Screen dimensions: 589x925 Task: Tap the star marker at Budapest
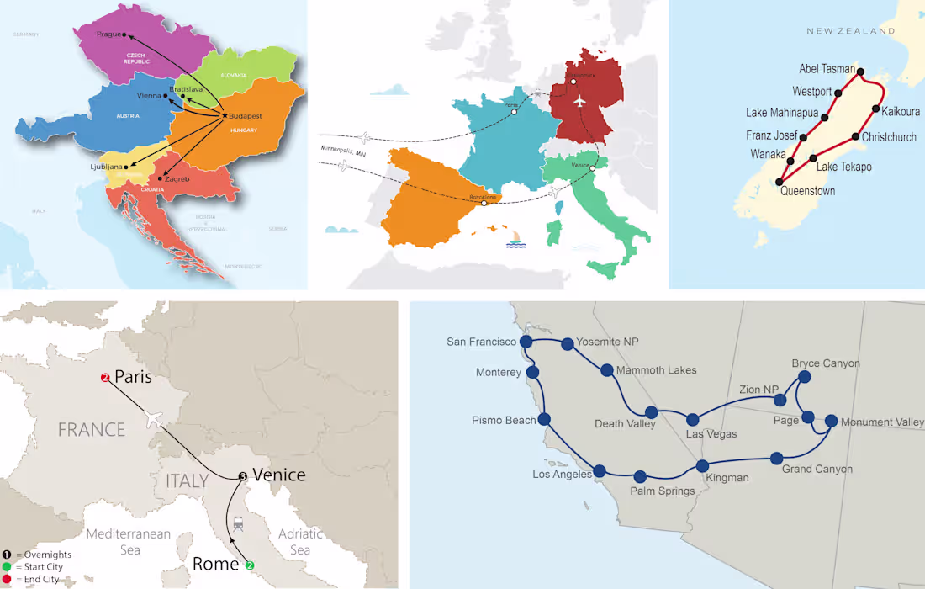point(225,114)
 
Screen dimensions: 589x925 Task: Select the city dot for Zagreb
point(161,178)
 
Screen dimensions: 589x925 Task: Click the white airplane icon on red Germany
point(579,100)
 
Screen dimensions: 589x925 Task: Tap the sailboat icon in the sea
point(515,241)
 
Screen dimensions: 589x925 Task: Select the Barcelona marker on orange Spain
point(484,203)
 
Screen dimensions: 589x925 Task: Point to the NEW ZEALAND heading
point(850,31)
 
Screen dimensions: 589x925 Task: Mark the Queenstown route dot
point(780,181)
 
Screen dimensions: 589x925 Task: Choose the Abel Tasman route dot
point(860,72)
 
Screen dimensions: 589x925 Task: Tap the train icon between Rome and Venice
point(239,524)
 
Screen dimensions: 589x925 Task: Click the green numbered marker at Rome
point(250,565)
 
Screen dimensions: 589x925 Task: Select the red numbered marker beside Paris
point(105,378)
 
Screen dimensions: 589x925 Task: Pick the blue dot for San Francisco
point(526,342)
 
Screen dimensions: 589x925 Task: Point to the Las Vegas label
point(711,434)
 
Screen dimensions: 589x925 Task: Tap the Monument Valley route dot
point(831,422)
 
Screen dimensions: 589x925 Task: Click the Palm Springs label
point(663,491)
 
